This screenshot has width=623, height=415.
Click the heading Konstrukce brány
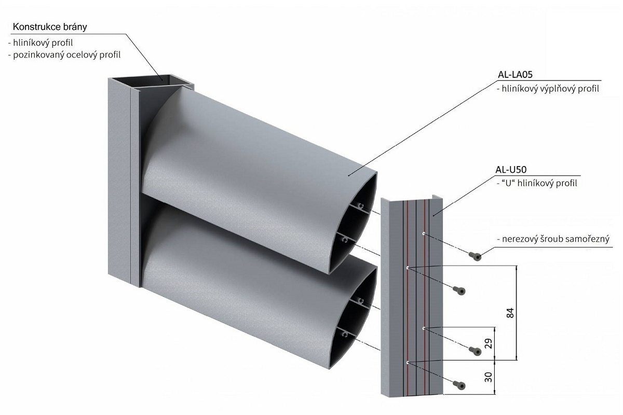click(x=49, y=27)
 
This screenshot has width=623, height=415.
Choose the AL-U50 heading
click(x=512, y=169)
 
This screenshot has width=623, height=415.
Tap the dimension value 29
click(x=488, y=343)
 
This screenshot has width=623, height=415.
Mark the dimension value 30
click(x=488, y=377)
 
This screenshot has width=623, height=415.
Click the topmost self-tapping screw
click(x=475, y=255)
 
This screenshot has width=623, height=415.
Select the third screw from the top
click(x=475, y=351)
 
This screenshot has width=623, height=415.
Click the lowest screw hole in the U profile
click(x=408, y=362)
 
